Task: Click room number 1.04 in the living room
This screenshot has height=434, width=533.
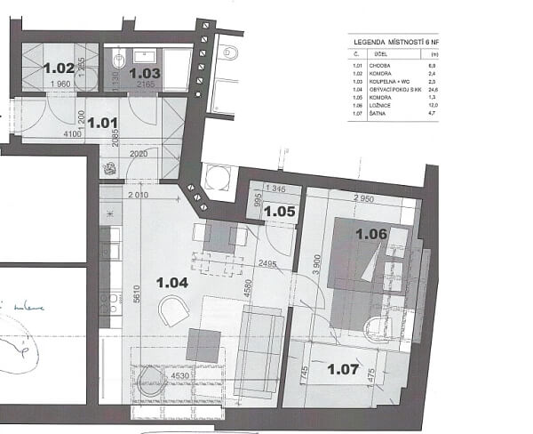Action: tap(172, 283)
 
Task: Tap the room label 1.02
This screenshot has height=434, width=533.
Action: tap(59, 68)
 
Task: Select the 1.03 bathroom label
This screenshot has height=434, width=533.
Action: tap(145, 74)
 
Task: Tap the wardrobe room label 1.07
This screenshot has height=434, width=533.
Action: tap(343, 368)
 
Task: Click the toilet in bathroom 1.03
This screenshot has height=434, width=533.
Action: tap(119, 60)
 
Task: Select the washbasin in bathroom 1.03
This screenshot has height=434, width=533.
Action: tap(174, 66)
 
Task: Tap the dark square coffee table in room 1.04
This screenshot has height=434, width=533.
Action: tap(203, 345)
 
